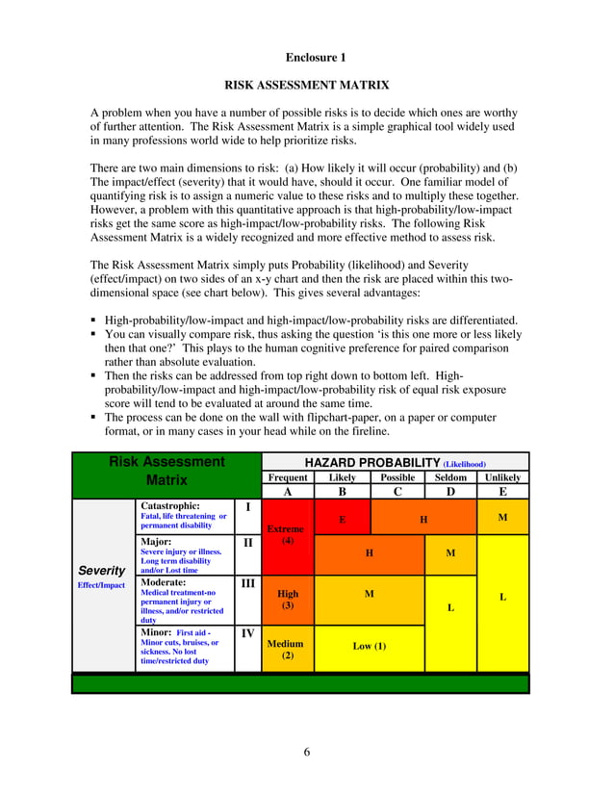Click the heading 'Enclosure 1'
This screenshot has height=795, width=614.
pos(306,57)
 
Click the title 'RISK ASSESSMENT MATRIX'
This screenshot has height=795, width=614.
pos(306,85)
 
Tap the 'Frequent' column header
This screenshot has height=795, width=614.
pos(288,477)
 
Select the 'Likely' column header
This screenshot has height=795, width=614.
pos(343,477)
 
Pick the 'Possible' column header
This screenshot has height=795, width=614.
pos(397,477)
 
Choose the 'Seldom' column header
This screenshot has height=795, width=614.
pos(450,477)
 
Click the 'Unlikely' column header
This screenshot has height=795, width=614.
pos(502,477)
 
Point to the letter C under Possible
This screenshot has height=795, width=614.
pos(397,491)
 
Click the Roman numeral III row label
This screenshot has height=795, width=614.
pos(247,584)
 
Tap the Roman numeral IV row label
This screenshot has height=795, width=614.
pos(247,634)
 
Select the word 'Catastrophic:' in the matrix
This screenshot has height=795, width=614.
pos(170,505)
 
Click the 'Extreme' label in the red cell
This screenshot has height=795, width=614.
pos(286,528)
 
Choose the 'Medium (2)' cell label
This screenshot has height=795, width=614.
pos(288,650)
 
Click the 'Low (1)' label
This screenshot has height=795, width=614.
pos(369,646)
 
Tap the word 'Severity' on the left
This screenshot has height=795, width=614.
pos(102,570)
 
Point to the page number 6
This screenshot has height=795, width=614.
pos(307,752)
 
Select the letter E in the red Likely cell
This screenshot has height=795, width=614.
pos(343,519)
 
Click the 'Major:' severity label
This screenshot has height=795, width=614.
pos(158,542)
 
